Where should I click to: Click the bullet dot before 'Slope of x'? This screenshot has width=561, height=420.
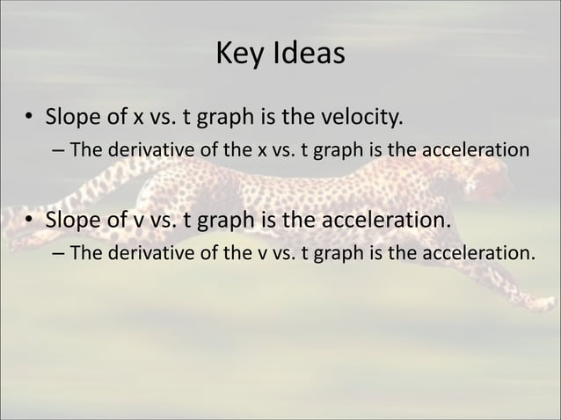[x=29, y=116]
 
